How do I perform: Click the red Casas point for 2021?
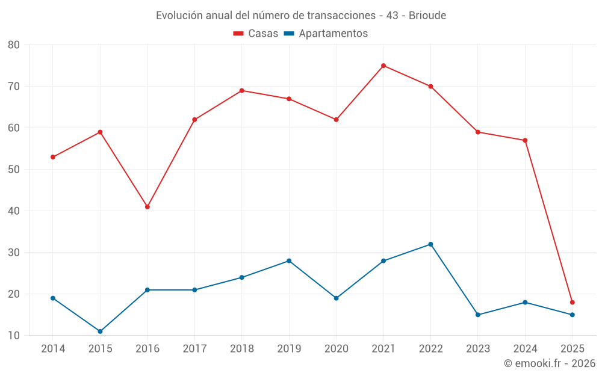[383, 66]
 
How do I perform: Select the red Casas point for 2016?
[147, 207]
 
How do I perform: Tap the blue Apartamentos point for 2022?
[430, 244]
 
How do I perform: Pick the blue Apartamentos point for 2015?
[100, 331]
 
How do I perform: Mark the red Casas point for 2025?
[573, 303]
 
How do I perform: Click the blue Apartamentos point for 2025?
[573, 315]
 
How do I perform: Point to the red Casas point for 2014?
[53, 157]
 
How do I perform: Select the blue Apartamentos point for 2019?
[289, 261]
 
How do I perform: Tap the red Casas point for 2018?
[242, 91]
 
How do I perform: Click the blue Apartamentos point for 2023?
[478, 315]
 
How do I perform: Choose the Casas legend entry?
[256, 34]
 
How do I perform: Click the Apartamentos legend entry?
[326, 34]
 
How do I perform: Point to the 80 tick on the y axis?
[14, 45]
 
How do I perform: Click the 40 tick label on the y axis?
[14, 211]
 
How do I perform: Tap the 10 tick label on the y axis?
[14, 336]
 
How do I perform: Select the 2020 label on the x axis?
[336, 349]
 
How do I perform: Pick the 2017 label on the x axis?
[194, 349]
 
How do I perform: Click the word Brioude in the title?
[427, 16]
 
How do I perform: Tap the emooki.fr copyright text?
[550, 363]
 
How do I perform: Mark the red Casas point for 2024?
[525, 141]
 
